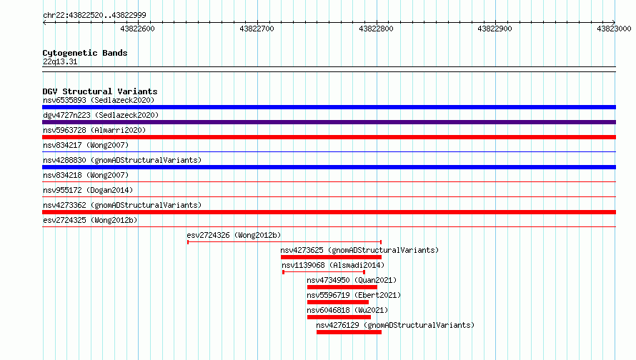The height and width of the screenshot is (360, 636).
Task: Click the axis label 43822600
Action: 137,29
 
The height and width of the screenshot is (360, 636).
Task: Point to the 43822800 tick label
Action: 376,29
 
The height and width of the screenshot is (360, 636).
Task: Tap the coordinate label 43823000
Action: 614,29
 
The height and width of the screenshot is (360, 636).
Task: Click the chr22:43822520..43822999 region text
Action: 94,16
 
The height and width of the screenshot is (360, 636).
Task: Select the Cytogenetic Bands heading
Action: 85,53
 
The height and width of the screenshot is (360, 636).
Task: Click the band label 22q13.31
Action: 60,61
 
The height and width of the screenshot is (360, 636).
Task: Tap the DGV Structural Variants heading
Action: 100,91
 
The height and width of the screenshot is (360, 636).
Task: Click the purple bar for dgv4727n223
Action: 329,122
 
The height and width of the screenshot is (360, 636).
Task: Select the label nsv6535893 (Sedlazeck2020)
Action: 99,100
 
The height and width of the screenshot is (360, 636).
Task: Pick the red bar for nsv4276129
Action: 349,332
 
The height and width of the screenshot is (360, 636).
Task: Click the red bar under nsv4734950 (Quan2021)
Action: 342,287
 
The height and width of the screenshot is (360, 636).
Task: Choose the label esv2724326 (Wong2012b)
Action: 234,235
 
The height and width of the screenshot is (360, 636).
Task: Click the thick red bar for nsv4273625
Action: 331,257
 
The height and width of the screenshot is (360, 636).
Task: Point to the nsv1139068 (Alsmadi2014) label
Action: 333,265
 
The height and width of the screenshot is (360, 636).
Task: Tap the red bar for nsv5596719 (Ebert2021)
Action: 338,302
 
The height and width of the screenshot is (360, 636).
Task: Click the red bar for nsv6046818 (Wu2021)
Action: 339,317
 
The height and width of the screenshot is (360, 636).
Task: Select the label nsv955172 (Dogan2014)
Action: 88,190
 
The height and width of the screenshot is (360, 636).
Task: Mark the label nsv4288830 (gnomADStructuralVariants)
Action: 122,160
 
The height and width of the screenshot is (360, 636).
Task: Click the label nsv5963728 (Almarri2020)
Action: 94,130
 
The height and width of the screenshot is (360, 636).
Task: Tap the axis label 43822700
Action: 257,29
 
